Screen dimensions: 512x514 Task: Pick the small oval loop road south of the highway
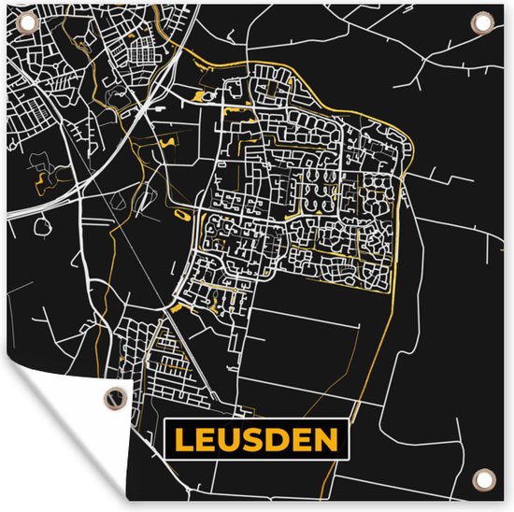pos(43,224)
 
